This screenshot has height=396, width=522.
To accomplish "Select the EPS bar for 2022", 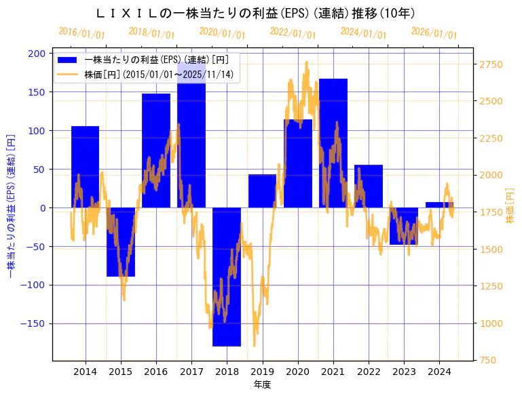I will tap(369, 186).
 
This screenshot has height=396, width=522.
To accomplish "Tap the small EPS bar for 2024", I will tap(439, 205).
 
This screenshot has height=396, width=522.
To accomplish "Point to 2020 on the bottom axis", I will tap(297, 372).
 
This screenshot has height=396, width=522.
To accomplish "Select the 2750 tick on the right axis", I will tap(492, 64).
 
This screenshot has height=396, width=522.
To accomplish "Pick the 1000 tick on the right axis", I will tap(492, 323).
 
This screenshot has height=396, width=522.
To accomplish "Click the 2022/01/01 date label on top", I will tap(293, 33).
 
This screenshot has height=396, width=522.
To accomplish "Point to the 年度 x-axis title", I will tap(263, 384).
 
